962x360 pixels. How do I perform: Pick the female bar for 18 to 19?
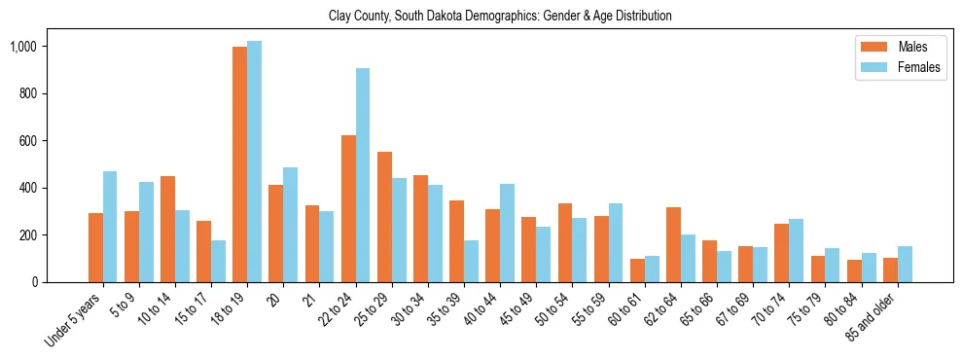point(254,162)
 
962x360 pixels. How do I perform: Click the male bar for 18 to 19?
point(239,164)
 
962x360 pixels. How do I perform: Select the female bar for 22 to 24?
point(363,175)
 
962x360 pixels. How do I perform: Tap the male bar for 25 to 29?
point(384,217)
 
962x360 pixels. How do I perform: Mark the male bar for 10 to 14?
point(167,229)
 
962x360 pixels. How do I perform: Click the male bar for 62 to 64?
point(673,244)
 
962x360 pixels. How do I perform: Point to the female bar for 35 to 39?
point(471,261)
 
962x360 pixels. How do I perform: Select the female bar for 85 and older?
point(905,264)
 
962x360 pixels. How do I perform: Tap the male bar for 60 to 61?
point(637,270)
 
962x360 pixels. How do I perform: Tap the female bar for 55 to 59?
point(616,242)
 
